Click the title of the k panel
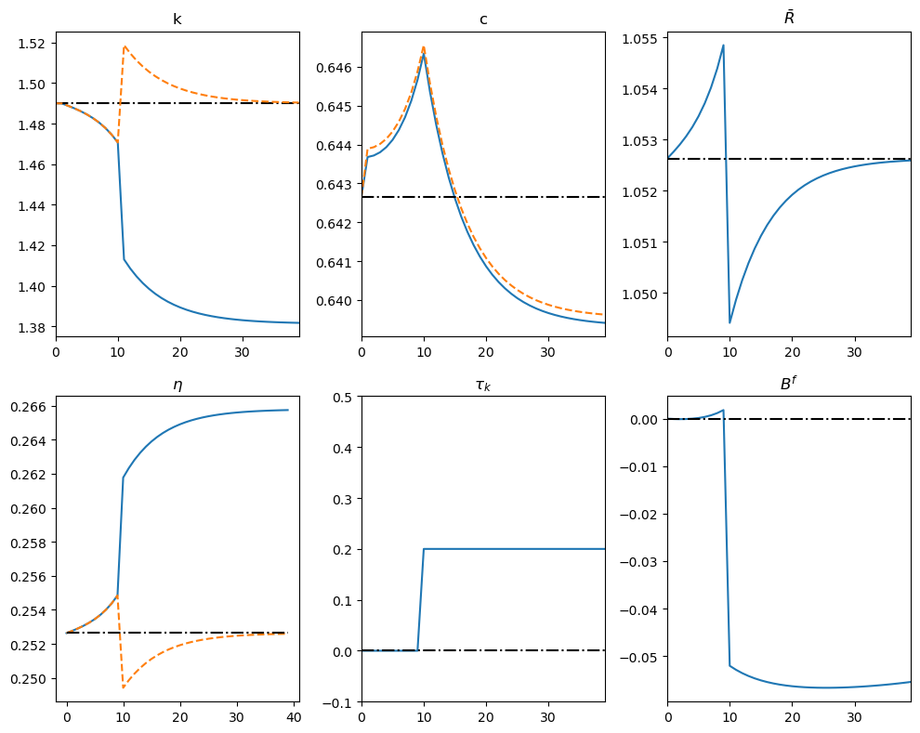[x=177, y=20]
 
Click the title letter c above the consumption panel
[x=483, y=20]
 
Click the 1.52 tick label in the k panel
[x=33, y=44]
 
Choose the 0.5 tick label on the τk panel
[x=343, y=397]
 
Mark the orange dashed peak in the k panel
[x=125, y=46]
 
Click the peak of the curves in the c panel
[x=424, y=49]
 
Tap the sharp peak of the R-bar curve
[x=723, y=45]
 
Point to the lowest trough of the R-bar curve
[x=729, y=323]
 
